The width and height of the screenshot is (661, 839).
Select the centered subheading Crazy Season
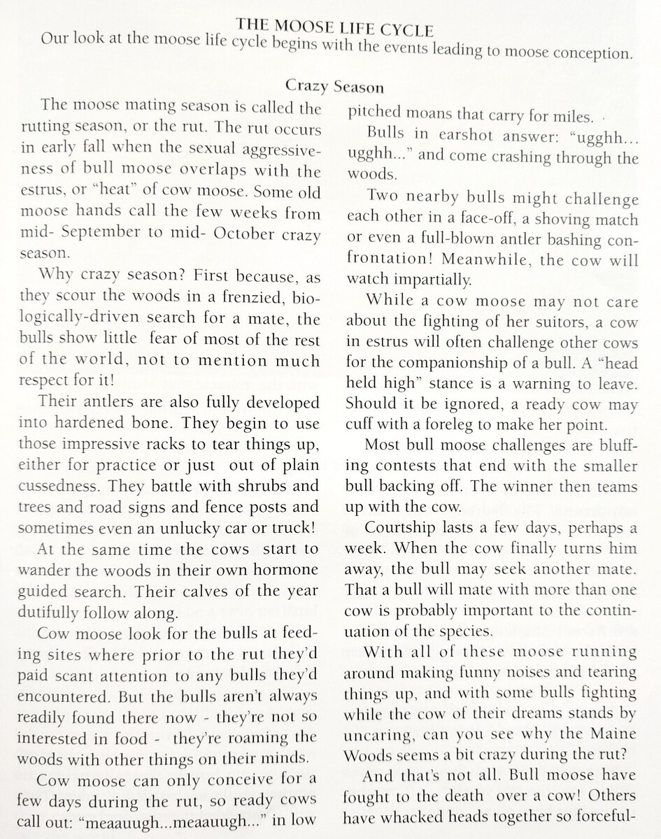[x=334, y=87]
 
